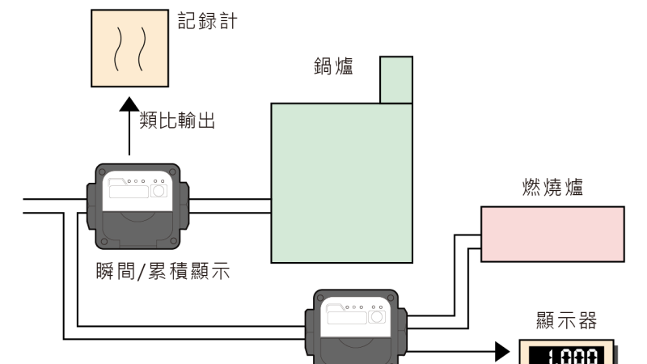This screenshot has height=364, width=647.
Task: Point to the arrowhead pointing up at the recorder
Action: coord(129,104)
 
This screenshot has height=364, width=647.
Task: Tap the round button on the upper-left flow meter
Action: coord(159,192)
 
